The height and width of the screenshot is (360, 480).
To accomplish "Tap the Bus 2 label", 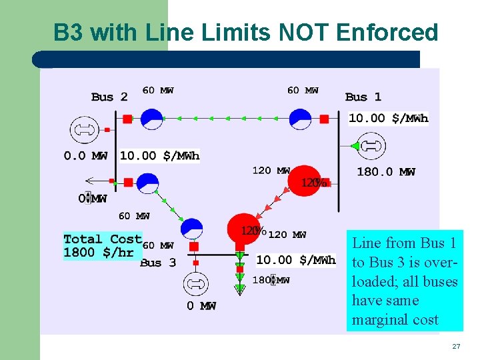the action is point(109,97).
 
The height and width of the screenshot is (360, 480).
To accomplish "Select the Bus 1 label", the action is point(363,97).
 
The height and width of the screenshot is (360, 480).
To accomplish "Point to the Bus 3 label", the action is point(158,263).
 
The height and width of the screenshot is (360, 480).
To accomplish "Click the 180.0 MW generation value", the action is point(386,172).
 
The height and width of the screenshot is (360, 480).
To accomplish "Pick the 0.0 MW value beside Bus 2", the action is point(85,156).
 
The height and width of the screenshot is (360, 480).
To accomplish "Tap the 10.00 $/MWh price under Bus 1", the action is point(389,119).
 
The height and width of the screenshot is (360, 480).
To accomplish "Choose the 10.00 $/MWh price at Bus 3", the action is point(296,260).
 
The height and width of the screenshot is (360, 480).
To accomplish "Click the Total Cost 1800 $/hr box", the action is point(103,245).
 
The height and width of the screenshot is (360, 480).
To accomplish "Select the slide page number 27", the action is point(456,347).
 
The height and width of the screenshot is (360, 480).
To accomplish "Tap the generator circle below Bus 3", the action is point(194,284).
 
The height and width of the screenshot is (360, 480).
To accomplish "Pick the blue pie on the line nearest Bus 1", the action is point(300,119).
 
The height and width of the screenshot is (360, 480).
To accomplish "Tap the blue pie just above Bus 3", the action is point(192,229).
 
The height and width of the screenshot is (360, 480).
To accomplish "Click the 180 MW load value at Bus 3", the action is point(271,280).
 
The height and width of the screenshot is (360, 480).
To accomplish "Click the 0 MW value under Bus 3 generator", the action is point(201,306).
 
